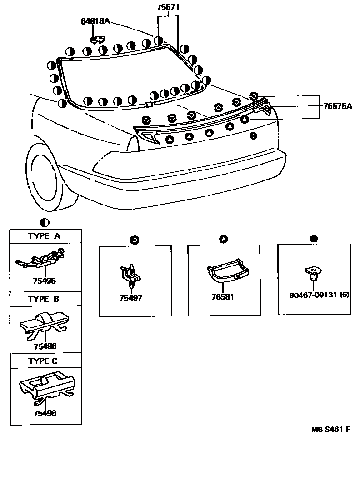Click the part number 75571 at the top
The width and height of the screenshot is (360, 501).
click(168, 7)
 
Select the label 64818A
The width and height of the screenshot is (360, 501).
click(95, 21)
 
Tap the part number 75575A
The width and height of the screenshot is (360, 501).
click(338, 106)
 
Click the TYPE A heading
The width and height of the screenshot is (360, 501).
click(44, 236)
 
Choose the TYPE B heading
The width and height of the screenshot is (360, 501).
click(44, 299)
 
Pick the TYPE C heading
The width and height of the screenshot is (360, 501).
click(43, 361)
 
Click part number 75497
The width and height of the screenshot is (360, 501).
click(130, 298)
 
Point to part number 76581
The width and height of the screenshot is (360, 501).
click(223, 297)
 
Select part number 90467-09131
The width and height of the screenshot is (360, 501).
click(313, 295)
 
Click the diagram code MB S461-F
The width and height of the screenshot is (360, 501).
click(330, 429)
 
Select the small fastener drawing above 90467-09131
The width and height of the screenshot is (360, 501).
click(313, 274)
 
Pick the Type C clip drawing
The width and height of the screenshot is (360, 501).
click(47, 386)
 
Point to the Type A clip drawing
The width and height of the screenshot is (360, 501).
click(40, 259)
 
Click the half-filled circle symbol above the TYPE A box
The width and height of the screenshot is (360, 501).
click(45, 223)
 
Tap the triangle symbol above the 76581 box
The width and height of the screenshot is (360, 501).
click(224, 239)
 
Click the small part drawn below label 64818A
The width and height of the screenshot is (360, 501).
click(98, 39)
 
